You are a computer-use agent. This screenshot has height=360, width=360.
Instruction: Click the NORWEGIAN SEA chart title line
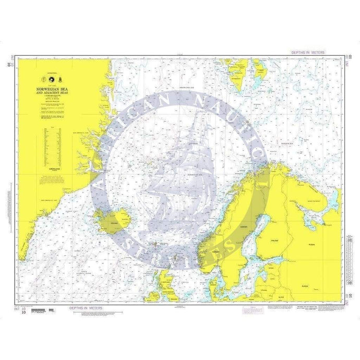click(x=51, y=89)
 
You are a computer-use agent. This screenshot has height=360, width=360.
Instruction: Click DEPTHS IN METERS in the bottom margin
click(x=87, y=308)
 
